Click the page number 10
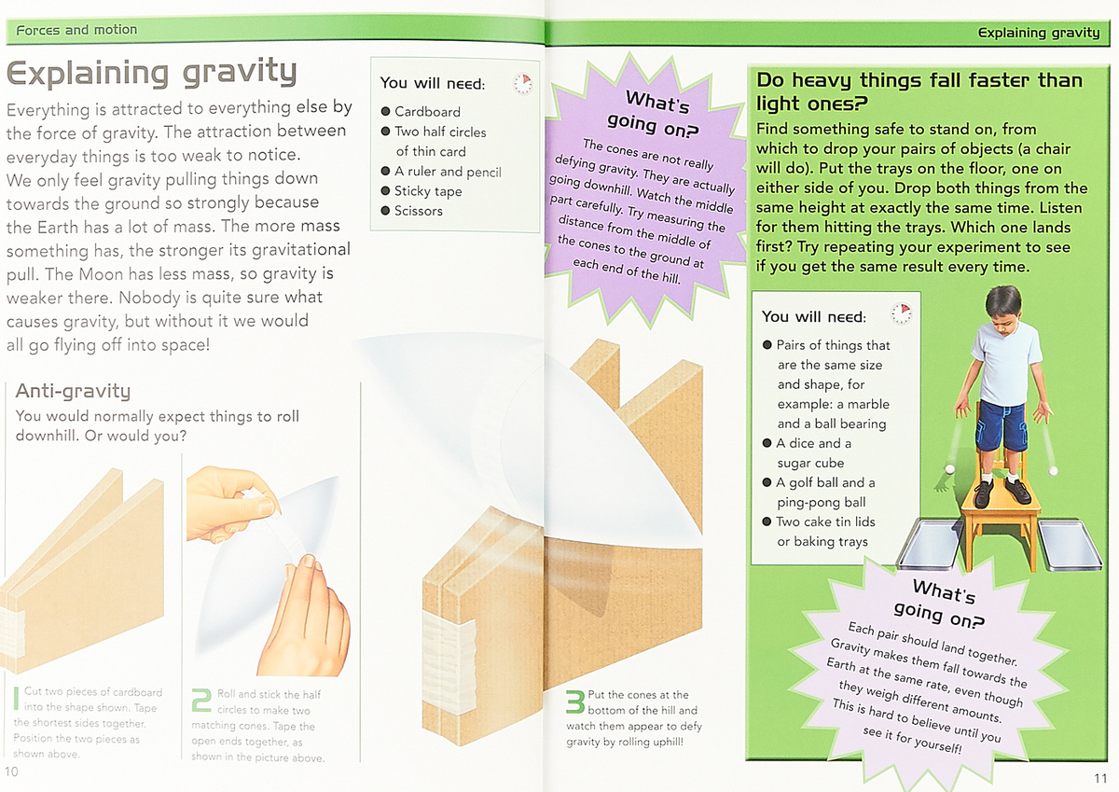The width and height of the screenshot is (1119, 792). pyautogui.click(x=11, y=771)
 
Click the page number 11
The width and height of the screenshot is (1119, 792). pyautogui.click(x=1100, y=778)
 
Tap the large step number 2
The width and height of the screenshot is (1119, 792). pyautogui.click(x=201, y=700)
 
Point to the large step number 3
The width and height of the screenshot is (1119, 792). pyautogui.click(x=575, y=702)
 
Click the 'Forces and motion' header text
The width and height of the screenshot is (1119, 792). pyautogui.click(x=76, y=30)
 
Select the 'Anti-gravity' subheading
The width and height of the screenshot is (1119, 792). pyautogui.click(x=73, y=391)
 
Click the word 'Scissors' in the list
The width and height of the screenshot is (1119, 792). pyautogui.click(x=418, y=211)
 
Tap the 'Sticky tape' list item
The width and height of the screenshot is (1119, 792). pyautogui.click(x=428, y=191)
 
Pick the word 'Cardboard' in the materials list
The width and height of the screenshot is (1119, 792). pyautogui.click(x=427, y=111)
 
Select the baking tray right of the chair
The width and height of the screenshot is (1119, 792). pyautogui.click(x=1069, y=545)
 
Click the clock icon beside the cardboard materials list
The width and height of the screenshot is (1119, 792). pyautogui.click(x=523, y=83)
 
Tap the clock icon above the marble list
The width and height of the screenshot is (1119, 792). pyautogui.click(x=901, y=313)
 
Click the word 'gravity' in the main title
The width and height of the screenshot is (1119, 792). pyautogui.click(x=240, y=73)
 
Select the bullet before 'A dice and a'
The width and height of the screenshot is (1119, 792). pyautogui.click(x=767, y=443)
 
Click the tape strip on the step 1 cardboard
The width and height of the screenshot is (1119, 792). pyautogui.click(x=12, y=633)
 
